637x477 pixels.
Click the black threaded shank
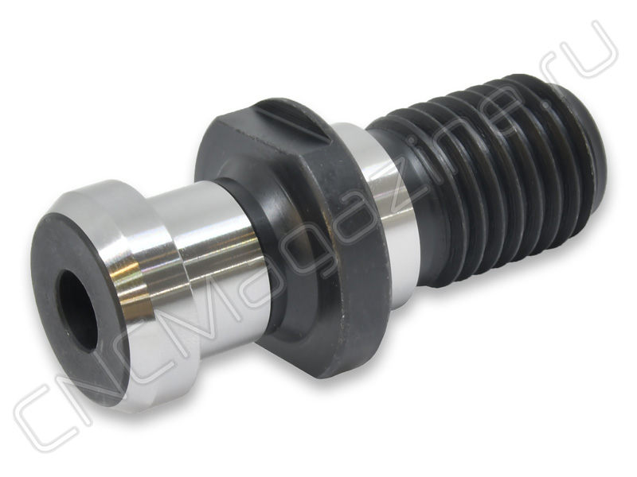tap(487, 170)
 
